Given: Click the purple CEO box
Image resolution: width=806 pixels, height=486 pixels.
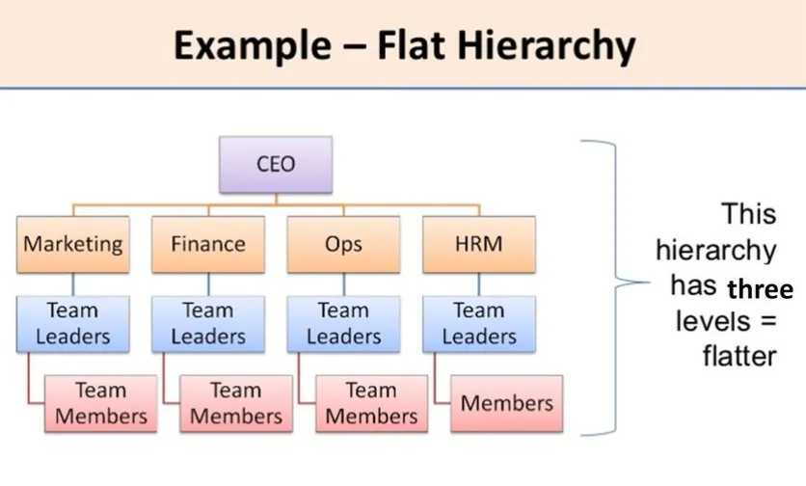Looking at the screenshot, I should (x=275, y=163).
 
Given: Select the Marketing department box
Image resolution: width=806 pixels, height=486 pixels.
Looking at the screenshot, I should (x=73, y=243).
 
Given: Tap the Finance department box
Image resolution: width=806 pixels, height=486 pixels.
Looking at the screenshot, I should (x=208, y=243).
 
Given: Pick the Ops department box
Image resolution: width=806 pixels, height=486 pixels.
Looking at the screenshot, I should (x=343, y=243).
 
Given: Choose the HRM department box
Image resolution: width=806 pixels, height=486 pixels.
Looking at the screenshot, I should (x=478, y=243).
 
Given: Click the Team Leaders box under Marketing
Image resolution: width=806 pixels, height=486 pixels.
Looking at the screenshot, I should (x=73, y=323).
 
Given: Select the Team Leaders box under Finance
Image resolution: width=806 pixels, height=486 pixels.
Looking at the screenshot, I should (x=208, y=323).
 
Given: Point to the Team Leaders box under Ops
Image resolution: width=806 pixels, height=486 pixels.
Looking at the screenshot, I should (x=343, y=323).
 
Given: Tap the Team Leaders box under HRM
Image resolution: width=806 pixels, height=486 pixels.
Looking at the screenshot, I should (x=478, y=323).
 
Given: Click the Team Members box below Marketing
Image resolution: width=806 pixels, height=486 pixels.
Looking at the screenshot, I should (x=101, y=403).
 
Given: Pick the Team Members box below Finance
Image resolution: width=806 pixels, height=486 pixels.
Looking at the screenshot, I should (x=236, y=403).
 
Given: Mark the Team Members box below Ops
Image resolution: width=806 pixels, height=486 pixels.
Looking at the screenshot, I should (x=371, y=403).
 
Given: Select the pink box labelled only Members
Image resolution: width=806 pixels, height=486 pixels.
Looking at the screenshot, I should (x=507, y=403).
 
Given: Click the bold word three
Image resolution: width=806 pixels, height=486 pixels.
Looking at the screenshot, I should (x=760, y=290).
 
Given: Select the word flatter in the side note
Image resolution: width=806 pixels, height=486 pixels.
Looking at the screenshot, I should (x=739, y=355).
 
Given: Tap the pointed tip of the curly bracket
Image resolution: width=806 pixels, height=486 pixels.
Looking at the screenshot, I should (x=620, y=284).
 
